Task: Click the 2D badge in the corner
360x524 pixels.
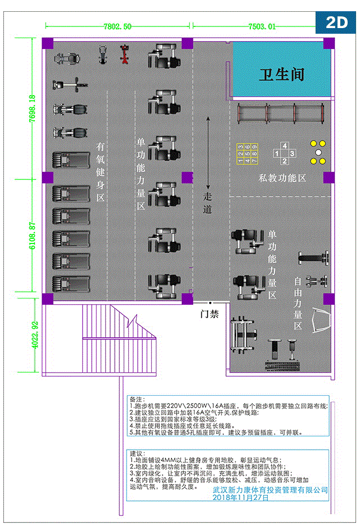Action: (x=336, y=22)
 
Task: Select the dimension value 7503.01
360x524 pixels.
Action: (x=262, y=26)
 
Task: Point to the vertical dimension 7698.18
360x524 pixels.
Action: (x=31, y=114)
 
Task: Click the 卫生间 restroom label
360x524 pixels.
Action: (x=281, y=75)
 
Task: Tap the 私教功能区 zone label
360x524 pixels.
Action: (x=282, y=178)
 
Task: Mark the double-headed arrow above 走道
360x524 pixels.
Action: (x=209, y=152)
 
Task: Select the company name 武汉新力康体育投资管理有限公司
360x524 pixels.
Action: (x=270, y=490)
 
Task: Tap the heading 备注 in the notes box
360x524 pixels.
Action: (x=137, y=397)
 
